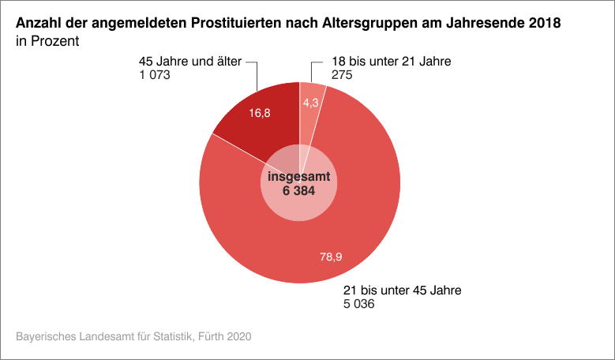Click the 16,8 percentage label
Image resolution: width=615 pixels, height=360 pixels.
pos(260,114)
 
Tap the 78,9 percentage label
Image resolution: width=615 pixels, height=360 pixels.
pos(331,257)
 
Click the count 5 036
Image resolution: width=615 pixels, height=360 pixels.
pos(358,304)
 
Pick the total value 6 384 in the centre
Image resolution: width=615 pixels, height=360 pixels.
pos(299,192)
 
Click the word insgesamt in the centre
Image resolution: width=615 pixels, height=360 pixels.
pos(299,177)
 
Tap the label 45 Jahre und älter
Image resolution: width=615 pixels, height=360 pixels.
pos(189,61)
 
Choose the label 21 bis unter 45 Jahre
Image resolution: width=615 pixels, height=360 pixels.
pos(401,290)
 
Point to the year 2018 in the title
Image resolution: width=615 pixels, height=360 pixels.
pos(546,23)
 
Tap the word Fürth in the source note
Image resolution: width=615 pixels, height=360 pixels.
pos(208,337)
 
